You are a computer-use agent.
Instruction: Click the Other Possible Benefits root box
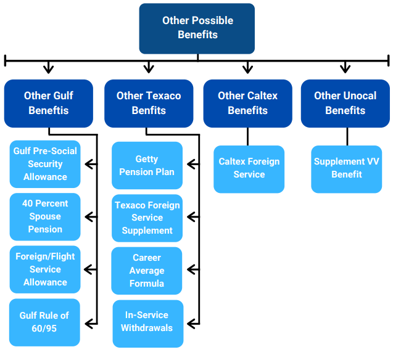click(x=197, y=28)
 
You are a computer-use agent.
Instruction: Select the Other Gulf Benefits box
click(x=49, y=104)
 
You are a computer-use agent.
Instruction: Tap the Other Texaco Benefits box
click(x=149, y=104)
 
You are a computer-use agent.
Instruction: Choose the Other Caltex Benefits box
click(x=247, y=104)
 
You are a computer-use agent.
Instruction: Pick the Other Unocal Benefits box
click(x=345, y=104)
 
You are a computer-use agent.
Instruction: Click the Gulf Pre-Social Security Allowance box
click(x=45, y=164)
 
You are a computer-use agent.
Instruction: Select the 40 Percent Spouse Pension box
click(x=45, y=216)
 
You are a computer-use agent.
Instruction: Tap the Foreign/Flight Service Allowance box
click(x=45, y=269)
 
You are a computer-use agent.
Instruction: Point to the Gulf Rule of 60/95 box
click(x=44, y=322)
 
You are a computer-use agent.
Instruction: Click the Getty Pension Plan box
click(x=147, y=165)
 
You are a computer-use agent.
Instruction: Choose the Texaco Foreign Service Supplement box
click(x=147, y=218)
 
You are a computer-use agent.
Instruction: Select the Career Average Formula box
click(x=147, y=271)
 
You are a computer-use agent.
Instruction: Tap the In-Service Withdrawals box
click(x=148, y=324)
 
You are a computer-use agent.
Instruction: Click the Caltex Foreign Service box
click(x=249, y=170)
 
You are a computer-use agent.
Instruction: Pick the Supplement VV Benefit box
click(x=347, y=170)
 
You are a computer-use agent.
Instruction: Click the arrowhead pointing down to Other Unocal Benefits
click(x=345, y=68)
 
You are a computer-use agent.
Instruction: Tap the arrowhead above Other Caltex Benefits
click(x=247, y=68)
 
